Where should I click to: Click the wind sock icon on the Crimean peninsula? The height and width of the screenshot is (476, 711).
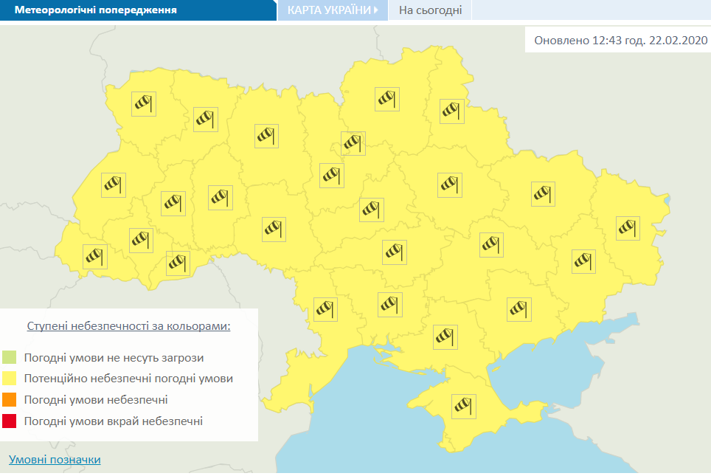coord(464,406)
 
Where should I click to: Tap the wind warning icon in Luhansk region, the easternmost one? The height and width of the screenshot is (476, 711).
coord(628,228)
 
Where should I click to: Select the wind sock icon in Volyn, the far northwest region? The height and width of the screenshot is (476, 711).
coord(144,103)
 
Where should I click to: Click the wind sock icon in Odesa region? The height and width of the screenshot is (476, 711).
coord(325,308)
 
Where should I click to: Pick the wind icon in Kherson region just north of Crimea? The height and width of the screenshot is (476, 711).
coord(445,337)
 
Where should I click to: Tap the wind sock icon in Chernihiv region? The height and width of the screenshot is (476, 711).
coord(387,98)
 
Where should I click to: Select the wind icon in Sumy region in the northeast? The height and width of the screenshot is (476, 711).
coord(452,111)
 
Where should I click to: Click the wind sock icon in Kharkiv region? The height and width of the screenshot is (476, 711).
coord(543,193)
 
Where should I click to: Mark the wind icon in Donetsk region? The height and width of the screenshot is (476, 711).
coord(583,261)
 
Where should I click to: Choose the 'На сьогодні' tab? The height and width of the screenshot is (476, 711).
coord(430,10)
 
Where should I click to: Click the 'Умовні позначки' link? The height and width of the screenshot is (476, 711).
coord(55,460)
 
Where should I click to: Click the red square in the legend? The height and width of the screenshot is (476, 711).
coord(9,421)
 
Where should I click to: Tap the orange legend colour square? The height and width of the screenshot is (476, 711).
coord(9,400)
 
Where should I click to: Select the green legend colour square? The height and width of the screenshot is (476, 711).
coord(9,358)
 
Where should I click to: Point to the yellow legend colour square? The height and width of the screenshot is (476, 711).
coord(9,379)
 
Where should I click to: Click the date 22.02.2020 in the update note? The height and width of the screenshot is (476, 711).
coord(679,41)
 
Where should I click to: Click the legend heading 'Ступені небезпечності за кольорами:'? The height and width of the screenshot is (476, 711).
coord(128,325)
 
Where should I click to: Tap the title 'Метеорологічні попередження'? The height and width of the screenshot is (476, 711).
coord(95,11)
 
